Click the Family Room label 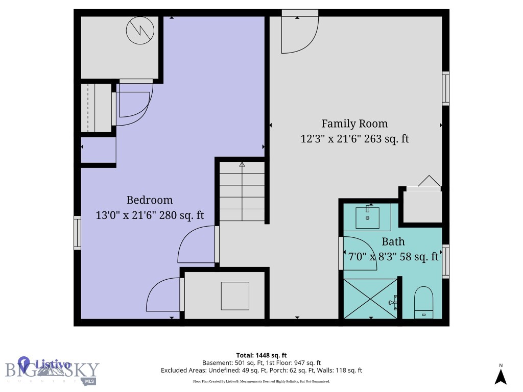354,124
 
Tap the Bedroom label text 150,200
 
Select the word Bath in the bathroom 393,241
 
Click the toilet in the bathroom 423,302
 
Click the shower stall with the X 370,299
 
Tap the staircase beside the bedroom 242,192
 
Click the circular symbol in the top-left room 140,31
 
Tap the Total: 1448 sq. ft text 261,355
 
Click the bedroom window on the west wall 77,233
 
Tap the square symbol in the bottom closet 235,296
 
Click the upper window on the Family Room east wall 445,88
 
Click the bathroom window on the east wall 445,262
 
